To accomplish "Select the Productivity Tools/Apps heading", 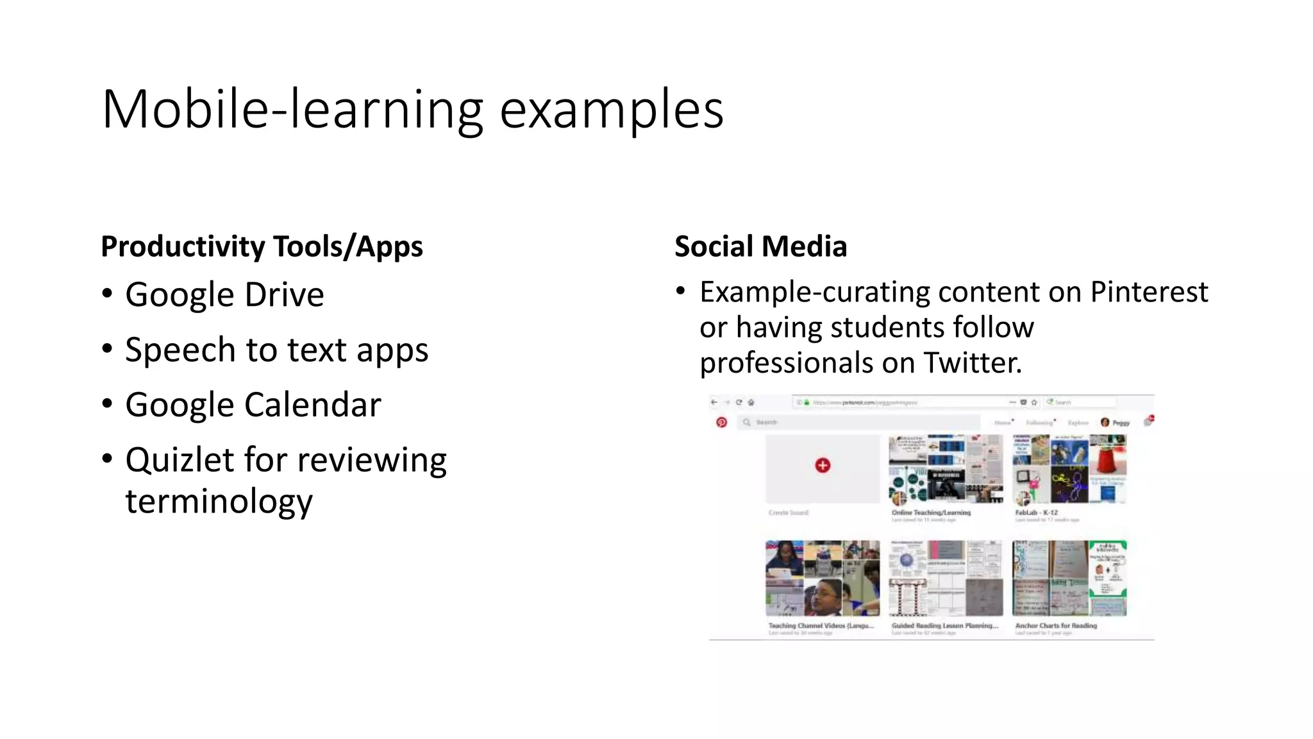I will [x=262, y=246].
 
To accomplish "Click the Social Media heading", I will [x=760, y=246].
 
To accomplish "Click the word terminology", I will [x=219, y=501].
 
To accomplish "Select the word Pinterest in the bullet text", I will [x=1149, y=292].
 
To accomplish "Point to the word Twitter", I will [x=972, y=362].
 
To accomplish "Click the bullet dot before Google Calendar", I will [x=107, y=404].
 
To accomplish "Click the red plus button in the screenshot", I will [x=823, y=465].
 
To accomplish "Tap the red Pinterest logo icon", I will [x=721, y=422].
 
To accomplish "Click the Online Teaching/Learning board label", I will [x=931, y=513].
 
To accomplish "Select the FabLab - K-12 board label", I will [x=1036, y=513].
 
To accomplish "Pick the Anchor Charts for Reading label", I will [x=1055, y=625].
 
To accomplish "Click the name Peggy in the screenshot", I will [x=1121, y=422].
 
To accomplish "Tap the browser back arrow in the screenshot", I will [x=714, y=402].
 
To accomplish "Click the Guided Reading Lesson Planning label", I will [x=944, y=625].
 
